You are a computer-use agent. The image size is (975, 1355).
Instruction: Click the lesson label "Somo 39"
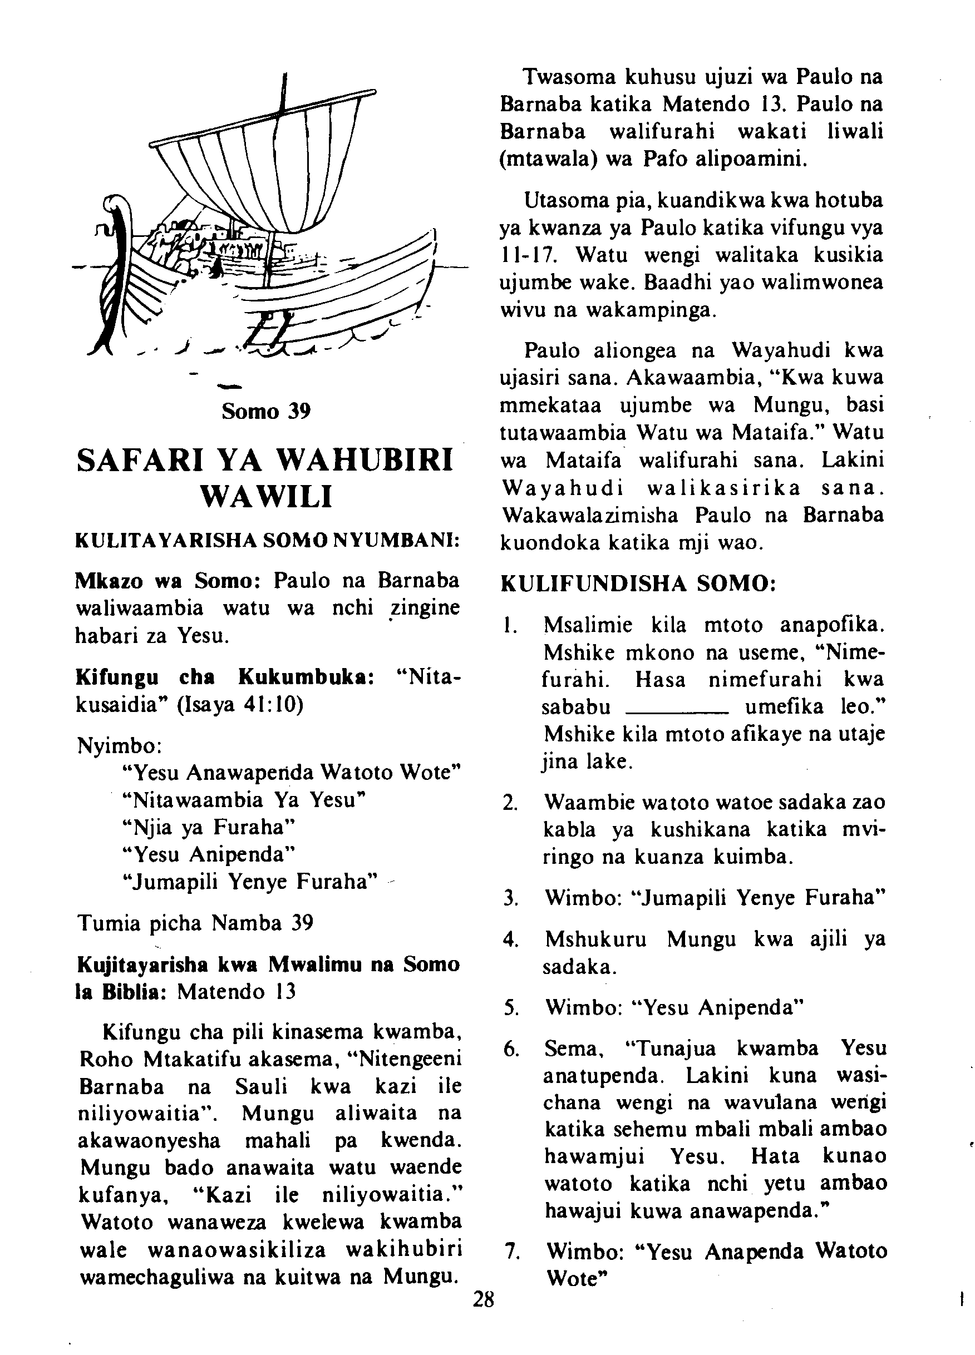click(266, 411)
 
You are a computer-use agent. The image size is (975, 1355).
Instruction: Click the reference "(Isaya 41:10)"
click(240, 705)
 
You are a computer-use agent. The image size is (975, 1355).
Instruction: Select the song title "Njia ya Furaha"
click(209, 828)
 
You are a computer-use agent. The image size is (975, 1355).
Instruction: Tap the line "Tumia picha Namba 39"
click(195, 923)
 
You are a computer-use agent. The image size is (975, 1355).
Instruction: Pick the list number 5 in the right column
click(510, 1008)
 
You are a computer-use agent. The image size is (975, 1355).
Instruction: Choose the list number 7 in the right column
click(510, 1250)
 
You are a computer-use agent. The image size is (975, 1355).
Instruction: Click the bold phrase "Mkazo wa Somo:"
click(166, 580)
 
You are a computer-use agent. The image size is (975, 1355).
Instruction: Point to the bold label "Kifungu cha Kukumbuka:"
click(225, 678)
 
